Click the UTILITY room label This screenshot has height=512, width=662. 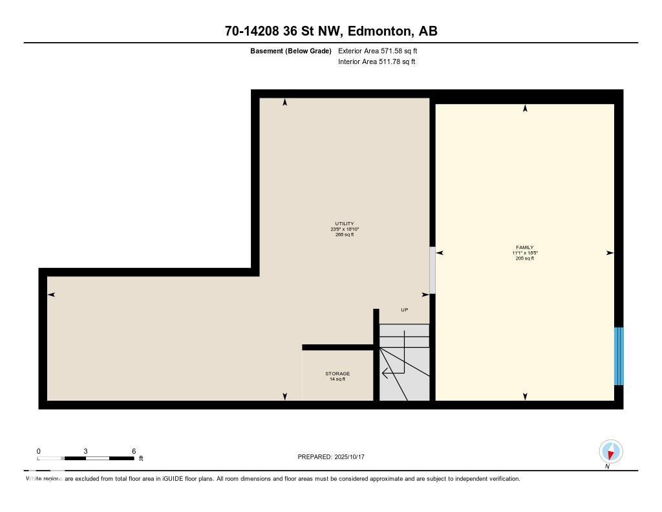[x=344, y=224]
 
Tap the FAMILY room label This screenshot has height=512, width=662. [x=524, y=247]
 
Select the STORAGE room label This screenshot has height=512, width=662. [x=337, y=373]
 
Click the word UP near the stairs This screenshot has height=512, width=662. [x=405, y=310]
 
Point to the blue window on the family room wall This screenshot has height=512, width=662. [x=619, y=356]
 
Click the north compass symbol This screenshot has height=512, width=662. [x=610, y=452]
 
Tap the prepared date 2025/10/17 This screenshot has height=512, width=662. [x=353, y=457]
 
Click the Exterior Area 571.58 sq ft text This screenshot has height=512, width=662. [x=382, y=50]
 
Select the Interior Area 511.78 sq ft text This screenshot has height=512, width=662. [x=376, y=62]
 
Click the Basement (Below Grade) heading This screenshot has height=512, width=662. [x=291, y=50]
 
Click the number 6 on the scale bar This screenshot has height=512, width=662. [x=133, y=451]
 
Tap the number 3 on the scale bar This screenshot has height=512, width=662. [x=85, y=451]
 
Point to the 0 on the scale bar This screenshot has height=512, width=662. [x=39, y=451]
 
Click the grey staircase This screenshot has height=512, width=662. [x=404, y=362]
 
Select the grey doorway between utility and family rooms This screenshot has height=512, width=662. [x=432, y=270]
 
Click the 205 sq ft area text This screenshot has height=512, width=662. [x=524, y=258]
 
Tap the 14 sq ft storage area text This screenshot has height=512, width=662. [x=337, y=379]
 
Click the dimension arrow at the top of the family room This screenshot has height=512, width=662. [x=525, y=109]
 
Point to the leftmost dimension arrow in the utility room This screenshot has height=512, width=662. [x=51, y=295]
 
